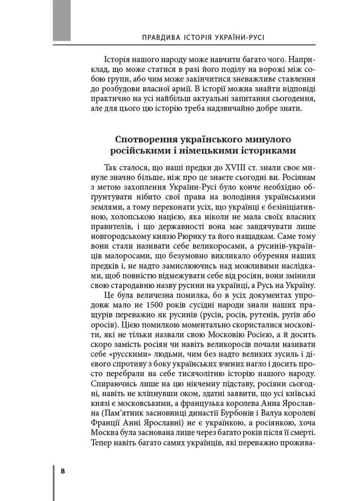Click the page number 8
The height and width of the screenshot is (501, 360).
coord(62,472)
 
